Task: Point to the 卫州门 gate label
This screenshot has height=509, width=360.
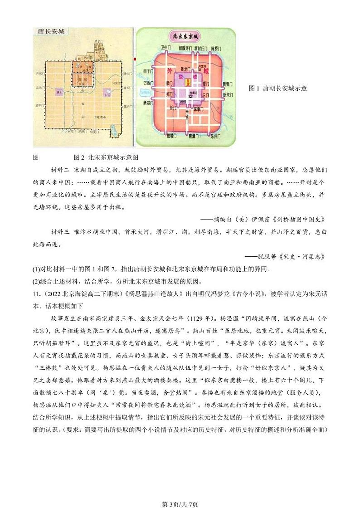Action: tap(165, 47)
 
